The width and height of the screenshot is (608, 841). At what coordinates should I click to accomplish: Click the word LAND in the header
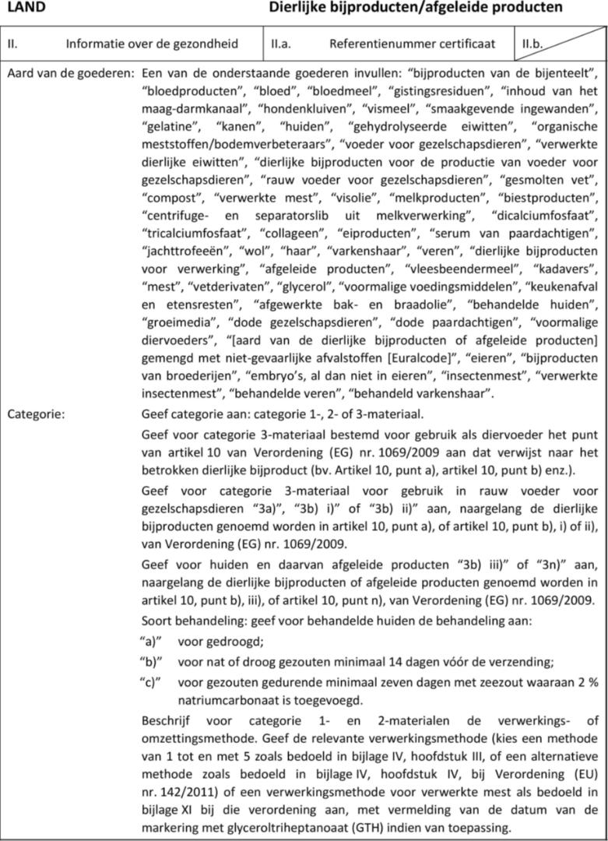tap(26, 8)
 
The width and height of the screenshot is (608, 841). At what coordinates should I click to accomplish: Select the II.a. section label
tap(281, 44)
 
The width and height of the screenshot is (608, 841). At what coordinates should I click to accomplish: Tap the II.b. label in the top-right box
tap(532, 44)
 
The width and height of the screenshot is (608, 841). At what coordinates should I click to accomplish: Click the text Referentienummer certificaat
tap(411, 44)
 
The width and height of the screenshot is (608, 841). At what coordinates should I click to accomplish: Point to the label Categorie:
tap(36, 413)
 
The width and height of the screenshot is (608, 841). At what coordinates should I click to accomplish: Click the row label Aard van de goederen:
tap(71, 73)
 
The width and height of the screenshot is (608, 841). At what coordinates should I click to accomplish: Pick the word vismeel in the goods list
tap(389, 108)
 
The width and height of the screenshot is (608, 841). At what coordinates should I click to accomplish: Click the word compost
tap(170, 197)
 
